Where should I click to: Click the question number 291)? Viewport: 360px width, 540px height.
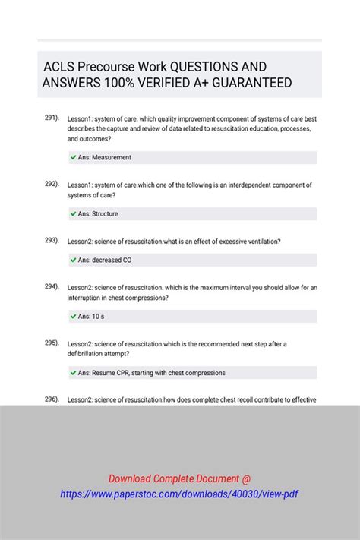[x=52, y=118]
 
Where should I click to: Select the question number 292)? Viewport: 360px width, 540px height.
[x=52, y=184]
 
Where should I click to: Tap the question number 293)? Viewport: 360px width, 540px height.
[x=52, y=240]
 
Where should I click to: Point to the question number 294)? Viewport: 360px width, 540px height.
[x=52, y=286]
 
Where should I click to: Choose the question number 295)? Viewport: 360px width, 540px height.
[x=52, y=343]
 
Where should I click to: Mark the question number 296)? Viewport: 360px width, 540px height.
[x=52, y=399]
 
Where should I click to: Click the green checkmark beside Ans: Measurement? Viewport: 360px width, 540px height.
[x=73, y=157]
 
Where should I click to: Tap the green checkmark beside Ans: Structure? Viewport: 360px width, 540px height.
[x=73, y=214]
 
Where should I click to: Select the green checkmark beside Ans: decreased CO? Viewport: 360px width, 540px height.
[x=73, y=260]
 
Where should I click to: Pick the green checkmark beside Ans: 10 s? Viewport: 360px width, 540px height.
[x=73, y=316]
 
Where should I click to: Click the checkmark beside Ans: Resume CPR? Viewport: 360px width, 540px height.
[x=73, y=373]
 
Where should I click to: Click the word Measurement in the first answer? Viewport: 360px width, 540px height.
[x=111, y=157]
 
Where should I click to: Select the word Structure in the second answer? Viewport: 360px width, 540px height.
[x=105, y=214]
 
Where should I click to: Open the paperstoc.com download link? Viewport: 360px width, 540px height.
[x=179, y=494]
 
